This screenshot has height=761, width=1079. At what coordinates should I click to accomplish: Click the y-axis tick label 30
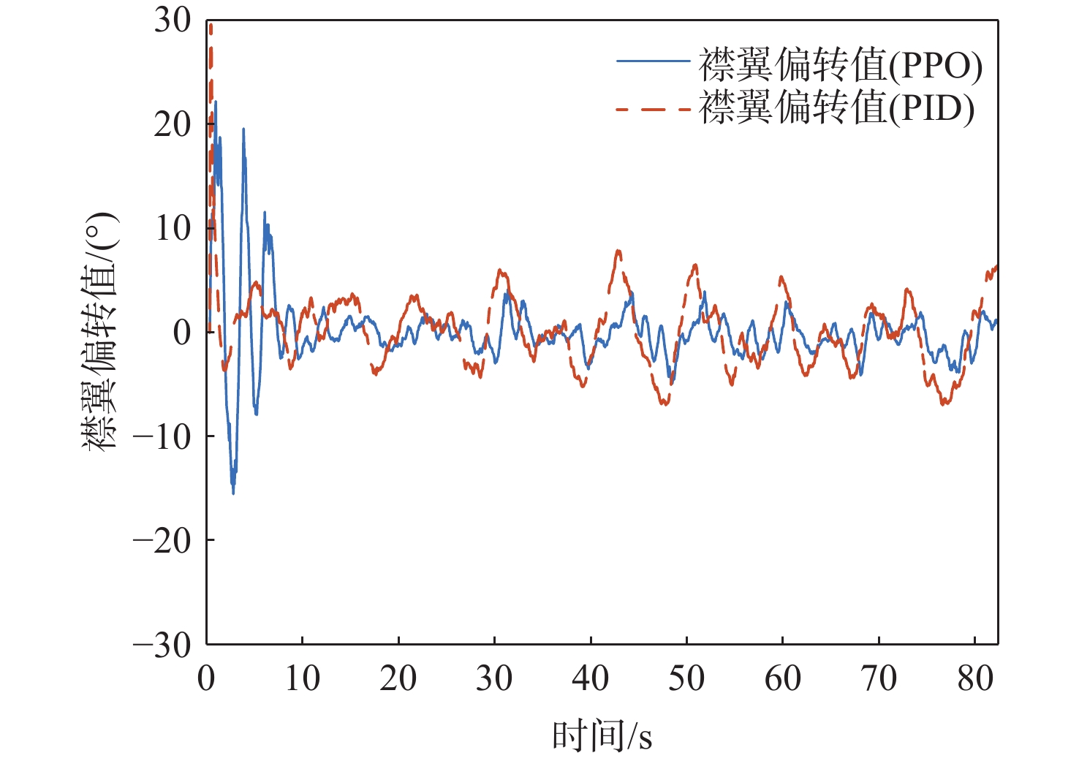[172, 20]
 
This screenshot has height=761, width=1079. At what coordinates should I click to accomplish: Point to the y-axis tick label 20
[172, 125]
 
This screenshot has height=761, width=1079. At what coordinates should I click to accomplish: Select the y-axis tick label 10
[172, 229]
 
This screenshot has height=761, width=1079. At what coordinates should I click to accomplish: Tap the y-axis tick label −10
[162, 437]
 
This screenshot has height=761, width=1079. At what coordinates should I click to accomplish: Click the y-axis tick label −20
[162, 541]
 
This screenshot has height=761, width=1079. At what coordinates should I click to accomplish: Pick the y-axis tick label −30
[162, 645]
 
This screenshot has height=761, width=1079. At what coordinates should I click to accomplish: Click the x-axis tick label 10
[302, 678]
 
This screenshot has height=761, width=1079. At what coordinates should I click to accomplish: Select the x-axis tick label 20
[398, 678]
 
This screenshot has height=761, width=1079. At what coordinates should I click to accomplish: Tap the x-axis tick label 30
[494, 678]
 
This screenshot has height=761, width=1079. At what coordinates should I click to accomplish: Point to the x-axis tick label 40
[590, 678]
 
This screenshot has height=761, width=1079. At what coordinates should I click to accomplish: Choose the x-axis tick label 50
[686, 678]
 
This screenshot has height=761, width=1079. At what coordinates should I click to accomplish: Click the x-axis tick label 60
[782, 678]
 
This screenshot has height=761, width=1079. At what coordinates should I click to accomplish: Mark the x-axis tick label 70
[879, 678]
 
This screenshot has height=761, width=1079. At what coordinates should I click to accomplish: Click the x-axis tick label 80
[974, 678]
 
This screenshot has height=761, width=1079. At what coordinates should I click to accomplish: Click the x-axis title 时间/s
[602, 735]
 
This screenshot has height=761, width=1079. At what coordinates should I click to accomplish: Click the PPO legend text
[841, 66]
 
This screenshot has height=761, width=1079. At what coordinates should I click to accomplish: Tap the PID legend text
[837, 108]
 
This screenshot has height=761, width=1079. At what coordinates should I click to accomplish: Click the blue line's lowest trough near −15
[233, 493]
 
